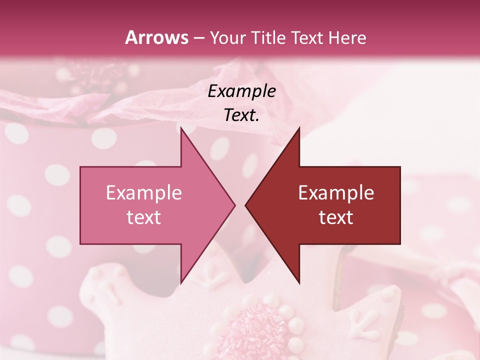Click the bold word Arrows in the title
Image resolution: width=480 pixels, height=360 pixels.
pos(156,37)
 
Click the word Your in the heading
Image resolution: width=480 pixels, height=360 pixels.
pos(226,38)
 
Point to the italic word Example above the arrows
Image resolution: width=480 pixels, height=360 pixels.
pos(241,91)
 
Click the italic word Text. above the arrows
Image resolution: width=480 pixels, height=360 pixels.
pos(241,115)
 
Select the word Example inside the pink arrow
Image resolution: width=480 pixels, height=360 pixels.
pos(144,193)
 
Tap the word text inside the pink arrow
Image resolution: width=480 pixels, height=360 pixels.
pos(144,217)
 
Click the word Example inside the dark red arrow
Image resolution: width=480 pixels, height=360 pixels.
pos(336,193)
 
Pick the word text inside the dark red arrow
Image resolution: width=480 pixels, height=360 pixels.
pos(336,217)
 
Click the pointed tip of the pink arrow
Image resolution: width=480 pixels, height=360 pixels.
pos(235,205)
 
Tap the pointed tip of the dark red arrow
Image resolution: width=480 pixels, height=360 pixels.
pos(245,205)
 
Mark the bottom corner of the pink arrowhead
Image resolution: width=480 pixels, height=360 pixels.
pos(181,283)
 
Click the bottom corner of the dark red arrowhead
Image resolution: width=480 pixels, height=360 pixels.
pos(299,283)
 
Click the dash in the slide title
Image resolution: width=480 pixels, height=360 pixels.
pos(198,38)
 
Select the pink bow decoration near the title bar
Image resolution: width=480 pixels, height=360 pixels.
pos(85,75)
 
